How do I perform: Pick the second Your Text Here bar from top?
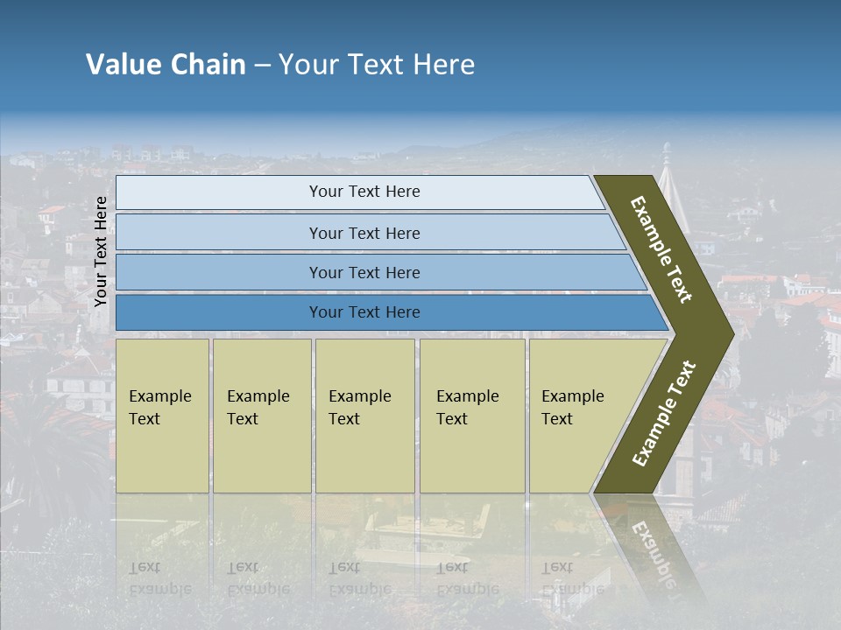pyautogui.click(x=364, y=233)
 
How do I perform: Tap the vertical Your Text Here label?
pyautogui.click(x=101, y=251)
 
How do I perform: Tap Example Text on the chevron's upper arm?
pyautogui.click(x=661, y=249)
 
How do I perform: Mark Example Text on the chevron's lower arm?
pyautogui.click(x=663, y=413)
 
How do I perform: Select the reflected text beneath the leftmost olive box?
pyautogui.click(x=159, y=577)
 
